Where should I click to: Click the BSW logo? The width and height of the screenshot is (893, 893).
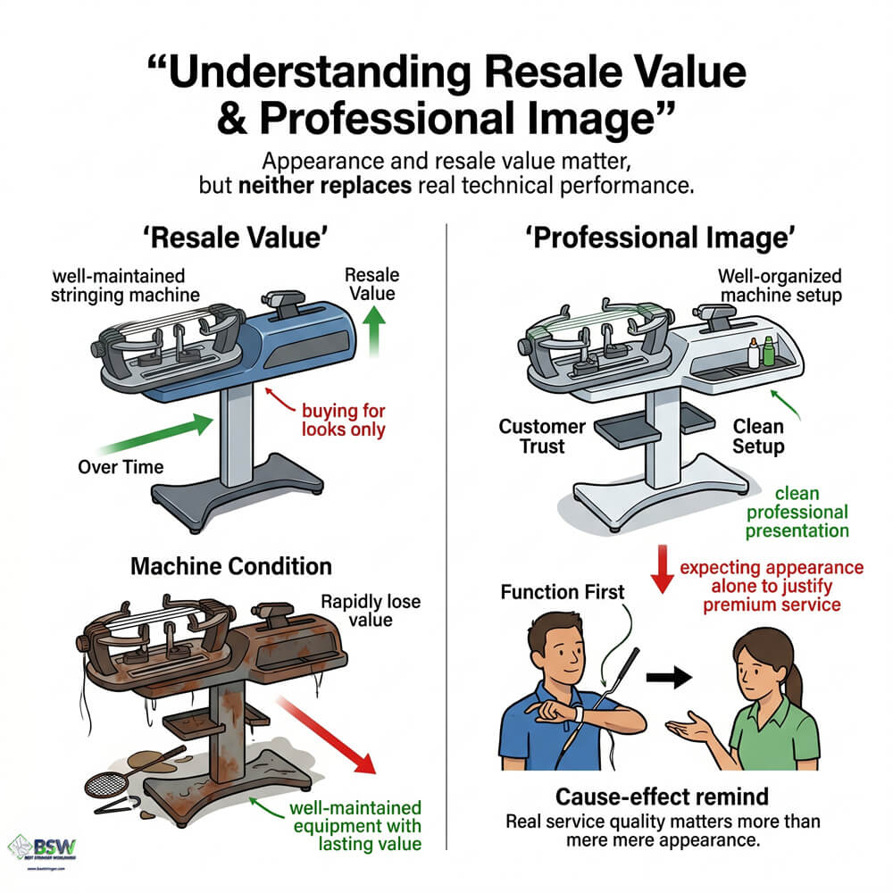pyautogui.click(x=42, y=848)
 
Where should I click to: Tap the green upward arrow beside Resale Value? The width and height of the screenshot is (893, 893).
pyautogui.click(x=373, y=331)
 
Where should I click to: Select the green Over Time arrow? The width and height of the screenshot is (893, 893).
pyautogui.click(x=155, y=434)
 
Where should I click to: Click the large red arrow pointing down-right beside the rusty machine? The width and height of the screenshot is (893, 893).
pyautogui.click(x=328, y=735)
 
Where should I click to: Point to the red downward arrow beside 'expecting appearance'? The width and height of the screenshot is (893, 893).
pyautogui.click(x=663, y=569)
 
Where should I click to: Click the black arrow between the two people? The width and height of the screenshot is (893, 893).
pyautogui.click(x=669, y=677)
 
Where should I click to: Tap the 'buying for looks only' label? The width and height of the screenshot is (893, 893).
pyautogui.click(x=344, y=420)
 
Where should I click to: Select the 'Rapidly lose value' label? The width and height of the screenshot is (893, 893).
pyautogui.click(x=371, y=610)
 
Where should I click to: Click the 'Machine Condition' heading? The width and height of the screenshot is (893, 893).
pyautogui.click(x=231, y=566)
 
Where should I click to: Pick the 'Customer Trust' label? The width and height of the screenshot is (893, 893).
pyautogui.click(x=542, y=437)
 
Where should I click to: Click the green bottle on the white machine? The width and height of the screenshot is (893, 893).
pyautogui.click(x=768, y=351)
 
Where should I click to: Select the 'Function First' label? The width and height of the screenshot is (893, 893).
pyautogui.click(x=562, y=592)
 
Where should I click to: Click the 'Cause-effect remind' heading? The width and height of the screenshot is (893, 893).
pyautogui.click(x=662, y=797)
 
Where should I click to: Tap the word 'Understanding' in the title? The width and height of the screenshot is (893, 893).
pyautogui.click(x=320, y=72)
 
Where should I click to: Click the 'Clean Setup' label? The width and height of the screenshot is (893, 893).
pyautogui.click(x=758, y=437)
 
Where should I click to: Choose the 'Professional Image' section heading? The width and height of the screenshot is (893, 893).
pyautogui.click(x=660, y=238)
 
